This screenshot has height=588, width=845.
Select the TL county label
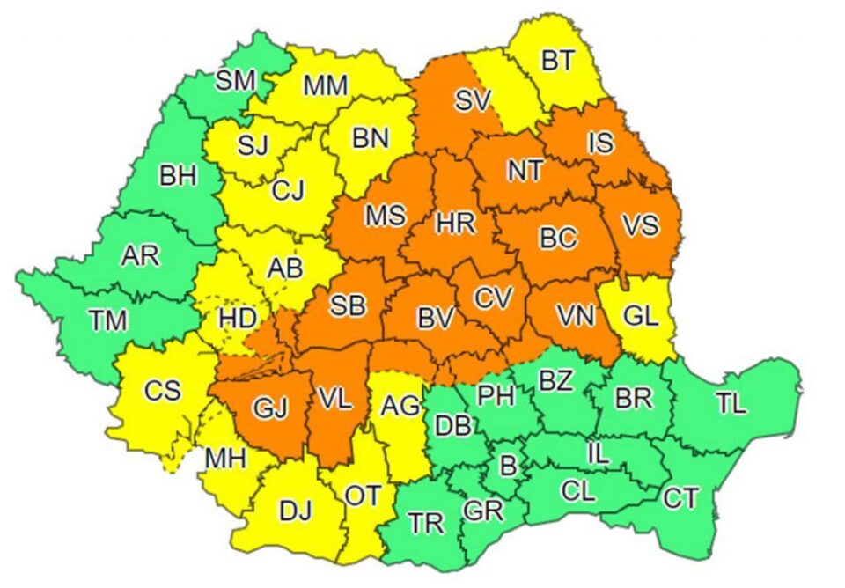pyautogui.click(x=731, y=404)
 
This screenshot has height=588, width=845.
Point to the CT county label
pyautogui.click(x=681, y=499)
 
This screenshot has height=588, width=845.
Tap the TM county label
pyautogui.click(x=107, y=320)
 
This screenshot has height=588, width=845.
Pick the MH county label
pyautogui.click(x=226, y=459)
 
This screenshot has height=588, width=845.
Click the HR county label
pyautogui.click(x=456, y=224)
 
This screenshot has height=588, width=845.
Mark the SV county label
pyautogui.click(x=472, y=100)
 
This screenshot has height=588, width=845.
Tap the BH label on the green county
pyautogui.click(x=178, y=176)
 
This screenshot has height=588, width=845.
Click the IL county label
pyautogui.click(x=597, y=455)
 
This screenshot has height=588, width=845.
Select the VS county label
pyautogui.click(x=639, y=225)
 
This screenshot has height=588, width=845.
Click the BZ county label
pyautogui.click(x=555, y=381)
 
